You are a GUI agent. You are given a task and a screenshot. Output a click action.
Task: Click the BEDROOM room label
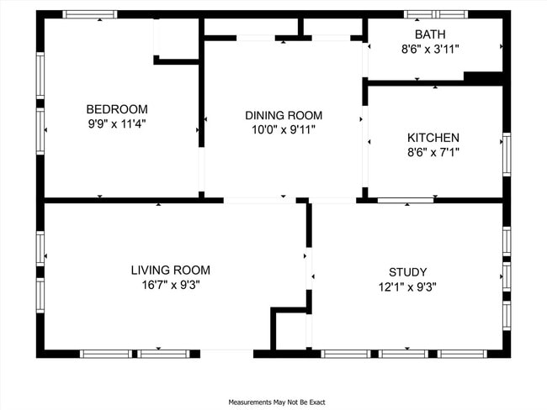pos(117,109)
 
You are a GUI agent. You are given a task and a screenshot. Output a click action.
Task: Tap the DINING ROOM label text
pos(284,115)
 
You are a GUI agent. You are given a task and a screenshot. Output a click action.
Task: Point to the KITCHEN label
pos(433,138)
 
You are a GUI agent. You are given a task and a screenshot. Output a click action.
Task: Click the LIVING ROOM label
pos(170,270)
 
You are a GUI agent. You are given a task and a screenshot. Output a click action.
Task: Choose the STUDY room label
pos(407,272)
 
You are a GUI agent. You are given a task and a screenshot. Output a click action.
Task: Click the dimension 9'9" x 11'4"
pos(117,124)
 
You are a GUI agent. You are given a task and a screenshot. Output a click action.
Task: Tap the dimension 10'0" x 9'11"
pos(284,130)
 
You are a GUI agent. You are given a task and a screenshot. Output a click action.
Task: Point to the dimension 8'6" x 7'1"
pos(433,153)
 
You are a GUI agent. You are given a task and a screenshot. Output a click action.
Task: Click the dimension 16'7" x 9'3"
pos(170,285)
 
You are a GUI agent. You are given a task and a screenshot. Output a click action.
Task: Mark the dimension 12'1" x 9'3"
pos(407,286)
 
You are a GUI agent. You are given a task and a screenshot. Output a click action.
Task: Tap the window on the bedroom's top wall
pos(91,14)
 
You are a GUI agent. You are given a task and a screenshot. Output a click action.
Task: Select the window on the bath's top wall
pos(434,14)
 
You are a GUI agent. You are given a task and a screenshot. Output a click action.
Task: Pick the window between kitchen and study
pos(406,200)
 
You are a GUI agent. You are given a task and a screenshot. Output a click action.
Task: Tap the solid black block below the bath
pos(484,78)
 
